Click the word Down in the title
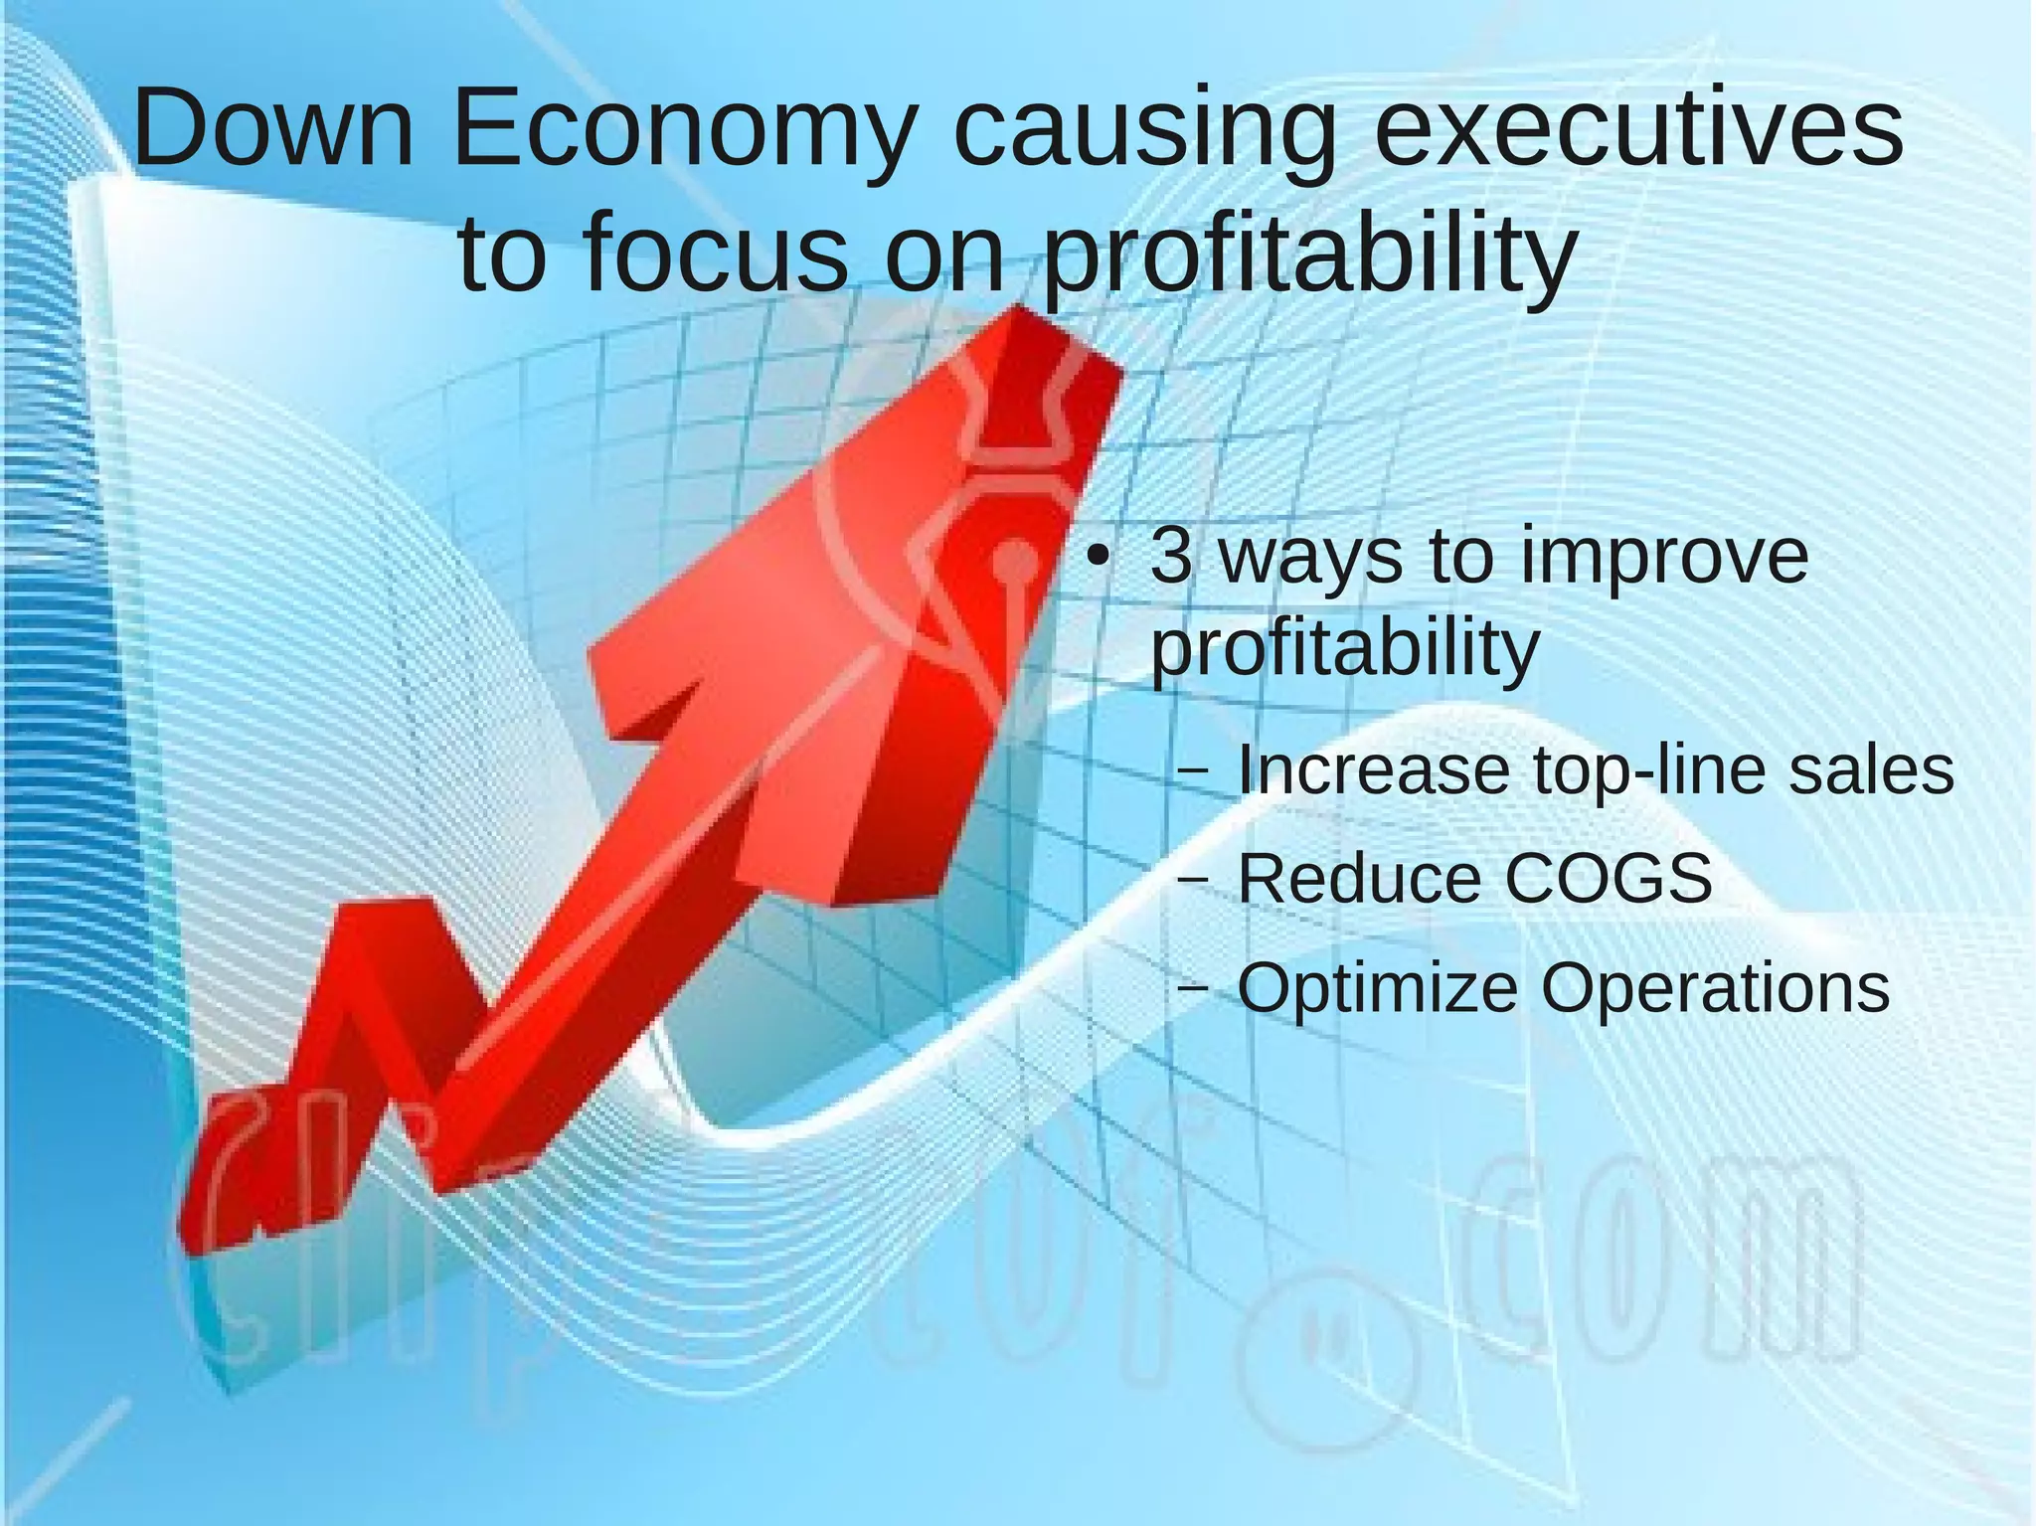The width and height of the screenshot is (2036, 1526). coord(273,129)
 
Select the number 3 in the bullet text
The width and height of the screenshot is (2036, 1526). coord(1171,557)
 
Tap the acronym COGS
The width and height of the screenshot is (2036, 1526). coord(1609,879)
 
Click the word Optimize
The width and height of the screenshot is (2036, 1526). coord(1378,990)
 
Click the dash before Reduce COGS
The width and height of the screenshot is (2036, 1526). coord(1193,880)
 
